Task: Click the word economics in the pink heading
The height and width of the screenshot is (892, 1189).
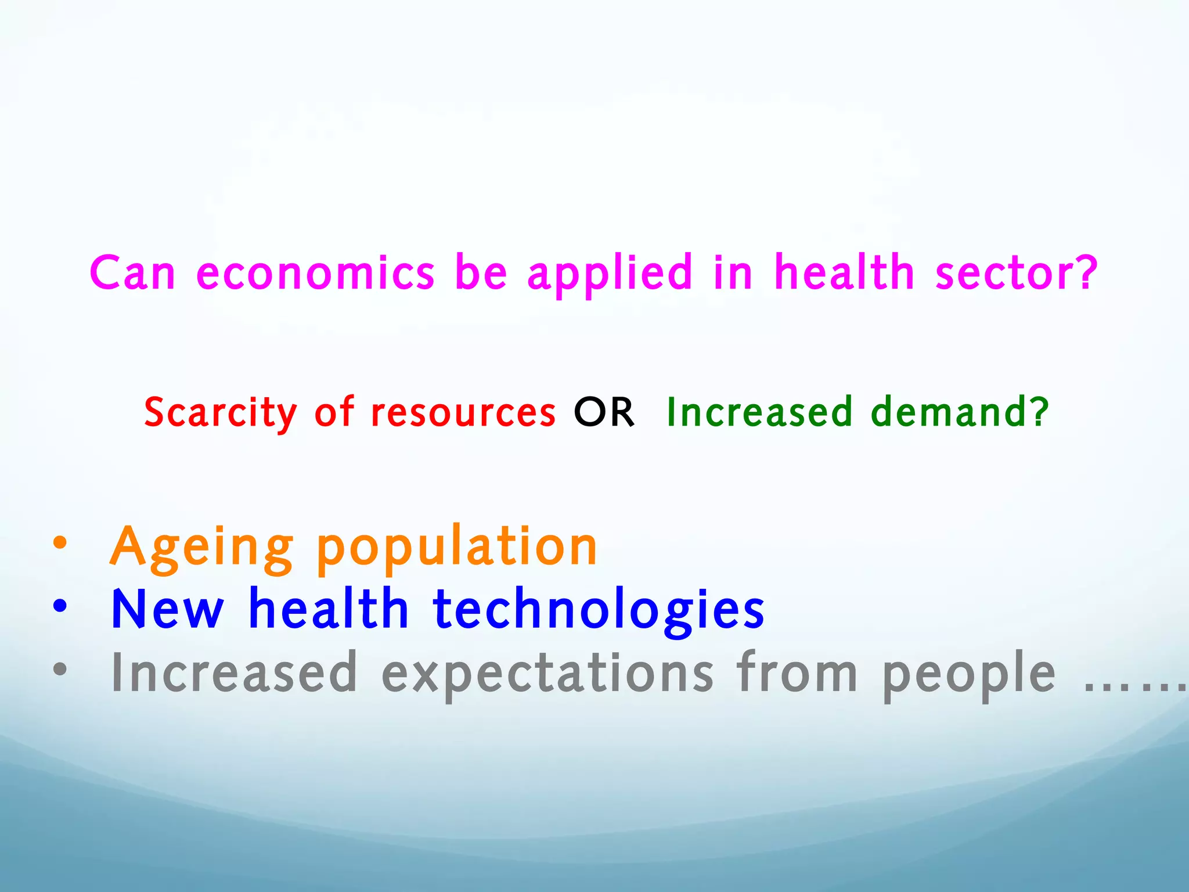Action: pos(315,273)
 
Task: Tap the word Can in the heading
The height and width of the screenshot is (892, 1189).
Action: pos(132,273)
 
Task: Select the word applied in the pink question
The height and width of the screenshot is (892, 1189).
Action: pos(610,273)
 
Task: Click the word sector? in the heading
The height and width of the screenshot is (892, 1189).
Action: pos(1016,273)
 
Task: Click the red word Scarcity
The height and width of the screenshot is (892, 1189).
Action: pos(220,412)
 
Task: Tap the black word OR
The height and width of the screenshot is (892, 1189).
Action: pos(604,412)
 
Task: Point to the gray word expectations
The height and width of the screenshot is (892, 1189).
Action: pos(547,674)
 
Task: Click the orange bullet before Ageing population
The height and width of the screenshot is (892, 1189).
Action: pos(60,544)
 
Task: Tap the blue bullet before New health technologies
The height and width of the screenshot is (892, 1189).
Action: pos(60,606)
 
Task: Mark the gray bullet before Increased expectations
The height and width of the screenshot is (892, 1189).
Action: pos(60,670)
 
